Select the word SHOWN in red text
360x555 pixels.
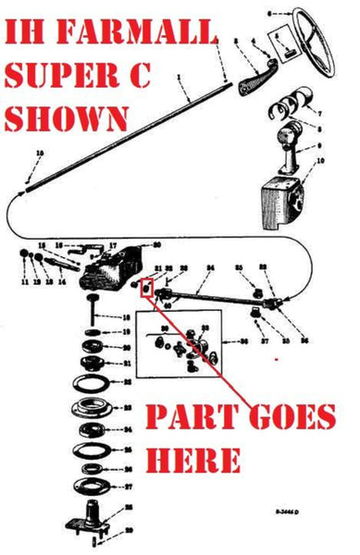pyautogui.click(x=66, y=117)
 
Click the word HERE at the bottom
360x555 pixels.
pyautogui.click(x=194, y=460)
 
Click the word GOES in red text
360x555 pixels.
pyautogui.click(x=290, y=420)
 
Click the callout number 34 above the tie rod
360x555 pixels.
pyautogui.click(x=211, y=269)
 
